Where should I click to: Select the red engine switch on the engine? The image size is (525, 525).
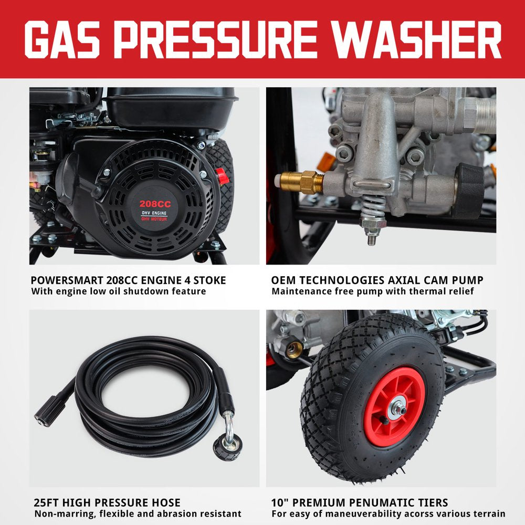223,176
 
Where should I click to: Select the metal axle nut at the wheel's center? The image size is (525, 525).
397,407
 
